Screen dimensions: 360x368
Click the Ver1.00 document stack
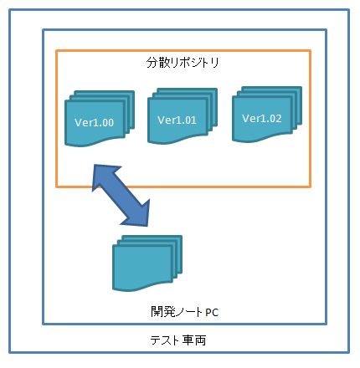pos(100,119)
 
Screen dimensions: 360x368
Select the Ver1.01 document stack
pos(183,116)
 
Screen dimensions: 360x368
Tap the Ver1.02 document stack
pos(267,115)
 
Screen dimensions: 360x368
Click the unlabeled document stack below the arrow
pos(147,263)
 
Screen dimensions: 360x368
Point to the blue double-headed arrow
pos(121,195)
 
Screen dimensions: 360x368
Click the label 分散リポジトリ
pos(183,63)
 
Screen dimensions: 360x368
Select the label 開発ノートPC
pos(184,312)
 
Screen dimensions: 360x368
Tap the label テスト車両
pos(178,340)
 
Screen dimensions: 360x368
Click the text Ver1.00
pos(95,123)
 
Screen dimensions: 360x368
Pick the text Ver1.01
pos(177,120)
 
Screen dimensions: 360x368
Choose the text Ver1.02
pos(262,119)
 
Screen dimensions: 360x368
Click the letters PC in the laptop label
pos(212,313)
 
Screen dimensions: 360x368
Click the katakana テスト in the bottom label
pos(165,340)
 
